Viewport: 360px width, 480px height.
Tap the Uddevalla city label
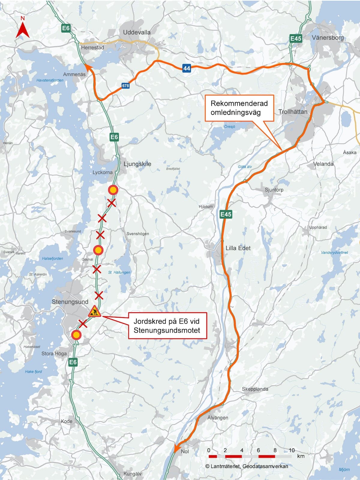(x=137, y=32)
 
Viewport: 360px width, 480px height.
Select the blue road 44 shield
(x=187, y=68)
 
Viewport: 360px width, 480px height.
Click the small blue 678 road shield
(x=125, y=86)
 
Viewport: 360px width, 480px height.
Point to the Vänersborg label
(x=328, y=38)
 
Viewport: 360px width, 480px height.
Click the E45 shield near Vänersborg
(x=295, y=38)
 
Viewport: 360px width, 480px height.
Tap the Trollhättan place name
(x=293, y=112)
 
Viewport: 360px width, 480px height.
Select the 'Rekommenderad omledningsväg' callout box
(x=239, y=108)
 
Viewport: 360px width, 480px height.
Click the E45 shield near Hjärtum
(x=226, y=214)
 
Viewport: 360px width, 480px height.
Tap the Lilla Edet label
(x=238, y=248)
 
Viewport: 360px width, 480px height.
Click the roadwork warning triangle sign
(x=94, y=311)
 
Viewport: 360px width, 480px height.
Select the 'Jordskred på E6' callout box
(x=167, y=325)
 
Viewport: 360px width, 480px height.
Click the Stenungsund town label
(x=70, y=302)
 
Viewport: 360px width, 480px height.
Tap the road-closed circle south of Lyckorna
(x=113, y=190)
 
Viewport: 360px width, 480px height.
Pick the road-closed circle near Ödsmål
(x=98, y=250)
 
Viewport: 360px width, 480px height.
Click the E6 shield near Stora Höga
(x=73, y=362)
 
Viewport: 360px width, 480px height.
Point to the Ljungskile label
(x=137, y=164)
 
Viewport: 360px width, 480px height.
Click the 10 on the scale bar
(x=292, y=450)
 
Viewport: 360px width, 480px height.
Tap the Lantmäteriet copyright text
(x=247, y=466)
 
